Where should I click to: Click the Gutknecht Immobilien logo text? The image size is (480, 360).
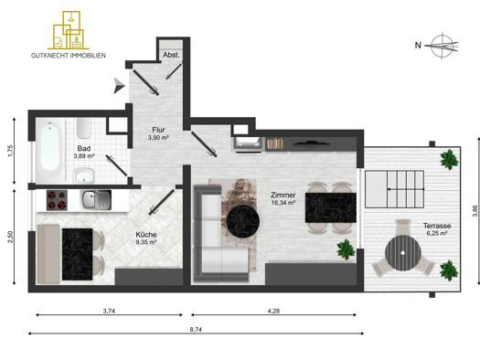tap(69, 56)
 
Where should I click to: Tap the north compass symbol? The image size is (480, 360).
tap(441, 46)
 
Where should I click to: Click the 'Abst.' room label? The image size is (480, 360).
tap(172, 55)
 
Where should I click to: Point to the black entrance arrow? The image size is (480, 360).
tap(119, 85)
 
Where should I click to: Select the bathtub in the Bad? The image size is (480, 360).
tap(50, 149)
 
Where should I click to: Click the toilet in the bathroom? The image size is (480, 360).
tap(84, 128)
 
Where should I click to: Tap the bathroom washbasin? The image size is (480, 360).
tap(84, 175)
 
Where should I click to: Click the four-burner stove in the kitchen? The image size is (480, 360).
tap(57, 200)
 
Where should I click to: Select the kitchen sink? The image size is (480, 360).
tap(96, 200)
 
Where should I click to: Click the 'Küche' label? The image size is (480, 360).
tap(146, 235)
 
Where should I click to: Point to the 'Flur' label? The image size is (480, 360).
tap(158, 130)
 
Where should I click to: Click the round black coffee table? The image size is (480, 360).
tap(243, 221)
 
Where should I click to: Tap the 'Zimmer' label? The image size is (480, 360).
tap(283, 195)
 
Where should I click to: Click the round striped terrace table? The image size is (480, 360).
tap(403, 253)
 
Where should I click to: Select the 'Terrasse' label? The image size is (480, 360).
tap(437, 226)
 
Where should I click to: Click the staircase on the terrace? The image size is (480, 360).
tap(395, 189)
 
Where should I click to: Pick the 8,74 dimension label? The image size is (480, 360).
tap(196, 330)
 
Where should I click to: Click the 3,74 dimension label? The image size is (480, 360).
tap(109, 311)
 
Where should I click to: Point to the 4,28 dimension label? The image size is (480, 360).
tap(273, 311)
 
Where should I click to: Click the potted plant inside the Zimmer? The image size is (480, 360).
tap(346, 249)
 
